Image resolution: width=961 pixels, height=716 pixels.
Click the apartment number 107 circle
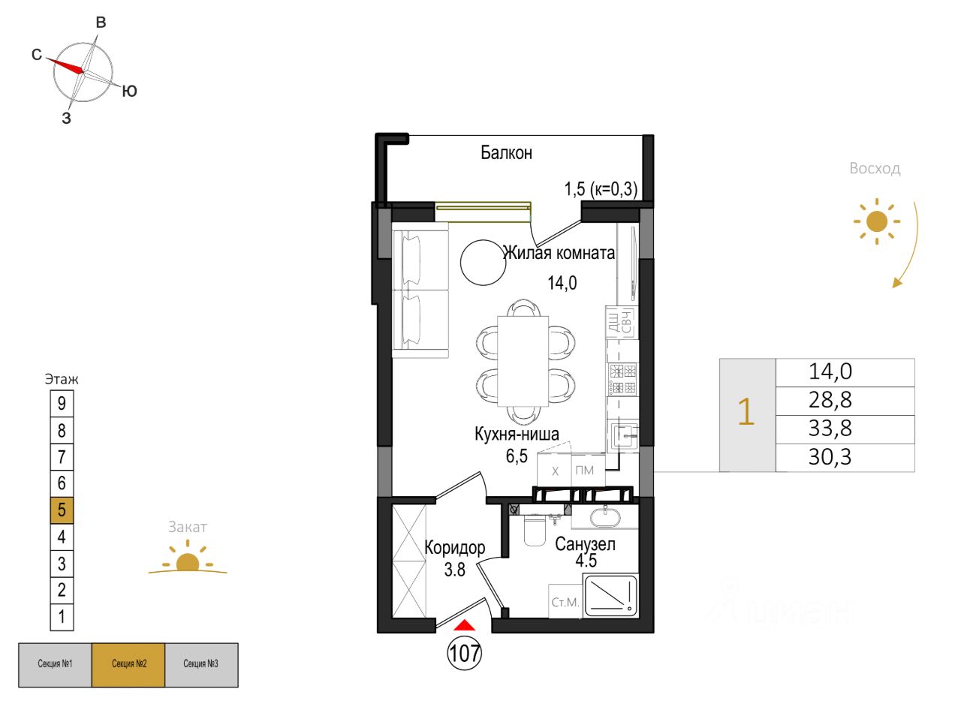coord(465,653)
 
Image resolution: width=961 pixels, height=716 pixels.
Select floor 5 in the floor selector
coord(62,510)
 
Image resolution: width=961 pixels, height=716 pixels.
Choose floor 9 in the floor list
coord(62,403)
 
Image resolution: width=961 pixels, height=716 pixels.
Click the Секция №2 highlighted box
coord(128,664)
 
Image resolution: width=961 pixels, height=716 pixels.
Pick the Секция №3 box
coord(201,664)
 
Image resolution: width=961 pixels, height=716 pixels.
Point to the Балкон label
coord(506,153)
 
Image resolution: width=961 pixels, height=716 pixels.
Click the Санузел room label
coord(585,544)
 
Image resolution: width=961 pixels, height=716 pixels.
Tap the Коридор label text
coord(455,548)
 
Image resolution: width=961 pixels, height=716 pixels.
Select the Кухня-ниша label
coord(517,434)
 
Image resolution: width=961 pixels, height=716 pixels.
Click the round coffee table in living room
coord(483,262)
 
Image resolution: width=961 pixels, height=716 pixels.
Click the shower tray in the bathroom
coord(610,596)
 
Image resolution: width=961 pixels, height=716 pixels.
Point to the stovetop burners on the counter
coord(622,378)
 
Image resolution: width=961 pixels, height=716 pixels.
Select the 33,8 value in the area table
coord(830,429)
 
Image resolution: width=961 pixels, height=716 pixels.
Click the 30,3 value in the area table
coord(830,457)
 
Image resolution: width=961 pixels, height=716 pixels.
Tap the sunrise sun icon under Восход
coord(876,222)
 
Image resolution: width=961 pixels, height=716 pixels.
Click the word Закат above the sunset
coord(187,528)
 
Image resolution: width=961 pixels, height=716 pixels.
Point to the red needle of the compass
coord(66,65)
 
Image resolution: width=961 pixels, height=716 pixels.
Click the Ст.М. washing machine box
coord(565,602)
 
